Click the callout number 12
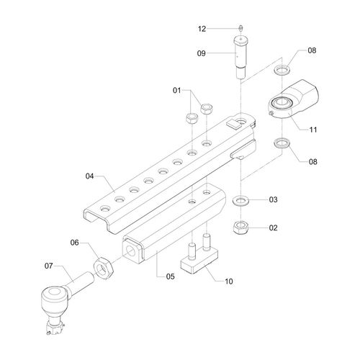coord(202,29)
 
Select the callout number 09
coord(202,53)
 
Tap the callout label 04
coord(89,176)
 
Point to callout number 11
coord(313,130)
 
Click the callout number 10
coord(229,282)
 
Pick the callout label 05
coord(170,276)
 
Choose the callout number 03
coord(273,199)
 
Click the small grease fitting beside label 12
coord(240,28)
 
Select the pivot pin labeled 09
coord(240,57)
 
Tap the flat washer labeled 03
coord(240,201)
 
